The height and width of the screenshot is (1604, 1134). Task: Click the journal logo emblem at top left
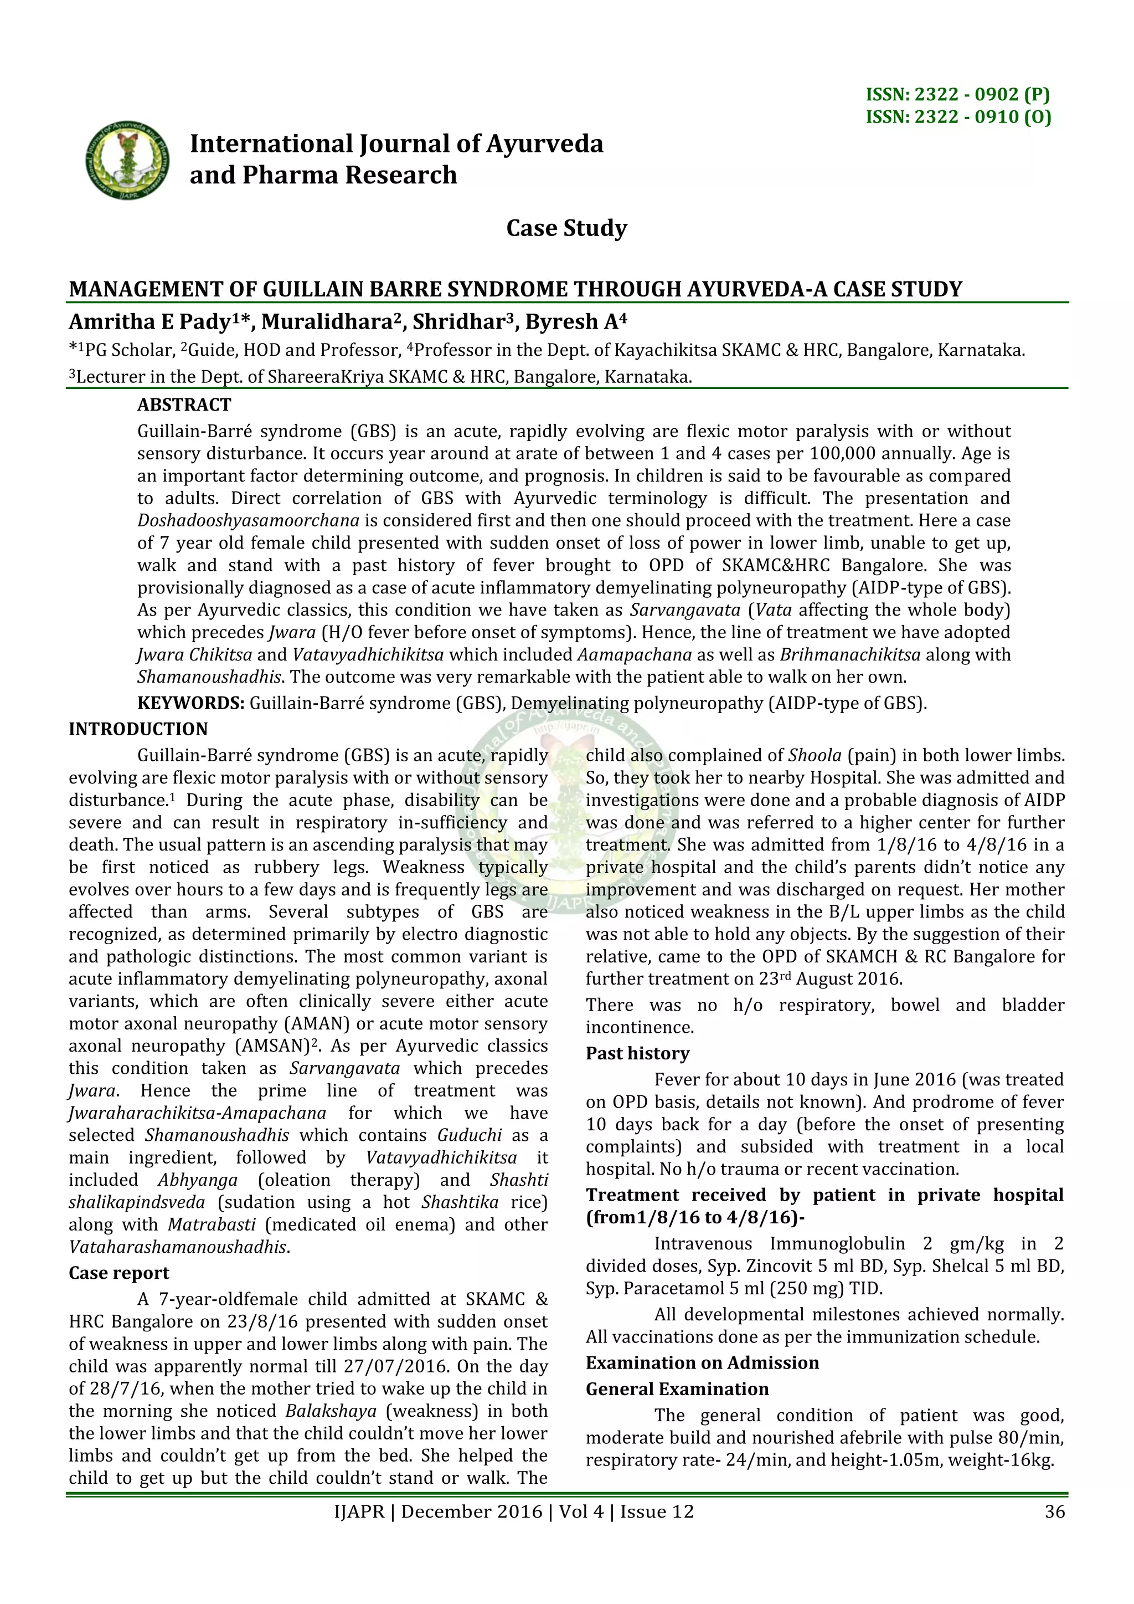pyautogui.click(x=128, y=159)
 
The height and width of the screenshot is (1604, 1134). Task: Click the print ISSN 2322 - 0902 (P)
pyautogui.click(x=957, y=94)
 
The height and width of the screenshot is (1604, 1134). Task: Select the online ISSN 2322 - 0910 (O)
pyautogui.click(x=958, y=117)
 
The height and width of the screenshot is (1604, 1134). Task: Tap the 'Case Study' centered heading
pyautogui.click(x=566, y=228)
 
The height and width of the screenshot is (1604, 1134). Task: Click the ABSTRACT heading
pyautogui.click(x=184, y=405)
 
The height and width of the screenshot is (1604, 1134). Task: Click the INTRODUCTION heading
pyautogui.click(x=138, y=729)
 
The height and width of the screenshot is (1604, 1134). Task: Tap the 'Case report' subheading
pyautogui.click(x=118, y=1273)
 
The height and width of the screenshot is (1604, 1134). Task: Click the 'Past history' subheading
pyautogui.click(x=637, y=1053)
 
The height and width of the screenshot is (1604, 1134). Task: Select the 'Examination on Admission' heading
pyautogui.click(x=702, y=1363)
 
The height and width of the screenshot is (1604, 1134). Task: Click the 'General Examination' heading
pyautogui.click(x=677, y=1390)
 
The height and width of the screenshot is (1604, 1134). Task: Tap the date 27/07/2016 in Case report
pyautogui.click(x=393, y=1366)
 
